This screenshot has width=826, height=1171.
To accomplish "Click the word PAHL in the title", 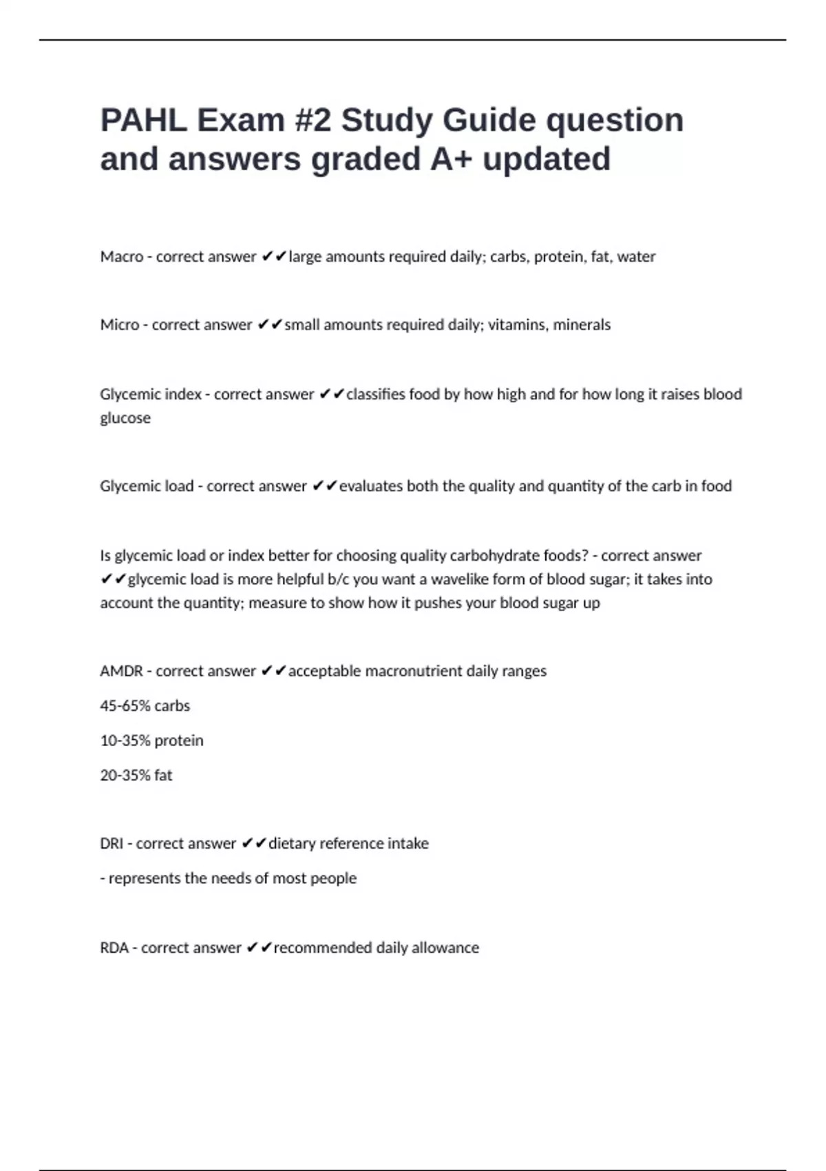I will click(143, 121).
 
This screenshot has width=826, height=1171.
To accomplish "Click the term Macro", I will click(122, 257).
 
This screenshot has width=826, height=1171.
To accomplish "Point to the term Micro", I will click(120, 325).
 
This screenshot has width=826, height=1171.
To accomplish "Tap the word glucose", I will click(125, 418).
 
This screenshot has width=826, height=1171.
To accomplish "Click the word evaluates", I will click(370, 486).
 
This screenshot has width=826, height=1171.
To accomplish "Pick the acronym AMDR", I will click(121, 672).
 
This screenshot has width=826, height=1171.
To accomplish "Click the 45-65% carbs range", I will click(145, 706).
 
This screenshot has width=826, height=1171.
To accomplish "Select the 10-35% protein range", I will click(151, 741).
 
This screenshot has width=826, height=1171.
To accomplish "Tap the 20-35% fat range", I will click(136, 776).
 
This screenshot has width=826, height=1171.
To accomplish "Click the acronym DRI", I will click(112, 844).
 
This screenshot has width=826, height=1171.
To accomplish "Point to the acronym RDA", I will click(114, 949).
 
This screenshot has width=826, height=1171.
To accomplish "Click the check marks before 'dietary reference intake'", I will click(254, 844).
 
